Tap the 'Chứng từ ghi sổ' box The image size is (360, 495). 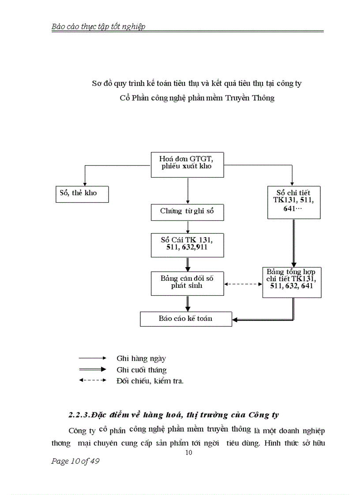(187, 212)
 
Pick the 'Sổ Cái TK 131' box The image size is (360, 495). (187, 245)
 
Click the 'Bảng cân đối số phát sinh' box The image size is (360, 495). (187, 283)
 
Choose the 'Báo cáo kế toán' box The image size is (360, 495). (186, 319)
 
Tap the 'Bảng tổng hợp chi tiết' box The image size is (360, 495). (292, 282)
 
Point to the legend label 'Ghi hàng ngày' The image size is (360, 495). (141, 359)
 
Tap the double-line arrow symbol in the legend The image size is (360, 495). (93, 369)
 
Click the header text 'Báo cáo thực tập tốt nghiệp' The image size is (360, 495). (98, 26)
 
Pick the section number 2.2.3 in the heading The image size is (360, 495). (79, 415)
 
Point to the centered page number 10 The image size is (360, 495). (189, 453)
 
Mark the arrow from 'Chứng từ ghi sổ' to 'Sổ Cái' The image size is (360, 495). (188, 227)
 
